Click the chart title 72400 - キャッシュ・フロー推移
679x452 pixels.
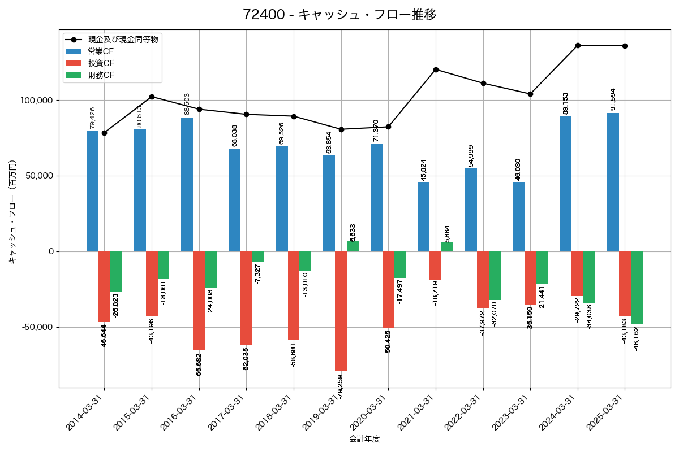click(x=339, y=15)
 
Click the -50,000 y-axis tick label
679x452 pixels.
click(x=37, y=327)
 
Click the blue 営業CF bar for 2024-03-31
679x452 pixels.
click(x=565, y=184)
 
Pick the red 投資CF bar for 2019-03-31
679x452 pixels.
click(x=341, y=311)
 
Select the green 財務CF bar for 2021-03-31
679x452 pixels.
click(x=447, y=247)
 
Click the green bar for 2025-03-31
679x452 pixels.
click(x=637, y=288)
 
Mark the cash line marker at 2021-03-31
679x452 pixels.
click(x=436, y=69)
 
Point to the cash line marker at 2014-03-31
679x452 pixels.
click(x=104, y=133)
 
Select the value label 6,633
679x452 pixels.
click(x=353, y=233)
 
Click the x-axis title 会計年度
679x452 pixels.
click(x=364, y=438)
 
